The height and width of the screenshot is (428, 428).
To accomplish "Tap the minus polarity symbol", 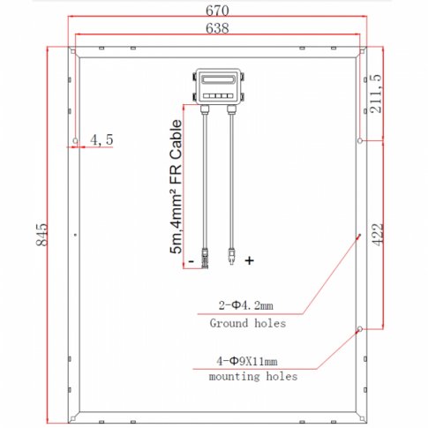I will click(189, 260).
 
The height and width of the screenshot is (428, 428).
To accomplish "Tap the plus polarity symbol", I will click(250, 260).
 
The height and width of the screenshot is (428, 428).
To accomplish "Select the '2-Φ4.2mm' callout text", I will click(246, 306).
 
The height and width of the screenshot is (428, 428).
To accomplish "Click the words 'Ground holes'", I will click(247, 324).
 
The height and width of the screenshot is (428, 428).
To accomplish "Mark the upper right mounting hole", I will click(359, 140).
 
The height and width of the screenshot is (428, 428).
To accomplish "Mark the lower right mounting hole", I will click(359, 329).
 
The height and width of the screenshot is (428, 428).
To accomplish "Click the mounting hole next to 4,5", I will click(76, 140).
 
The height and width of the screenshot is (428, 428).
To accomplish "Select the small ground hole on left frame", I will click(76, 234).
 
